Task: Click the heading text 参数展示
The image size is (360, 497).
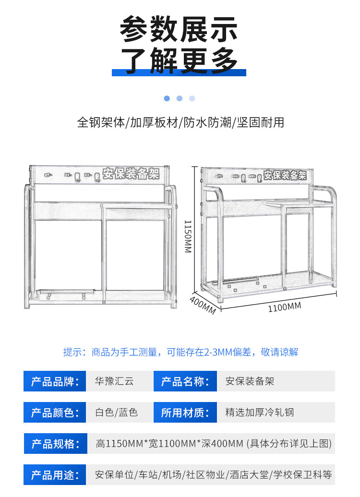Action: tap(179, 29)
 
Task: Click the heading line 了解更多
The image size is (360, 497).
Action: tap(179, 60)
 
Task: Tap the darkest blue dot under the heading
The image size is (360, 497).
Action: tap(167, 98)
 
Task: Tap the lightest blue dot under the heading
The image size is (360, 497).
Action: tap(192, 98)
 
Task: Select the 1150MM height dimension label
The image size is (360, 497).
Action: tap(188, 236)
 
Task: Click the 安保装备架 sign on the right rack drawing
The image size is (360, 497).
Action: tap(285, 175)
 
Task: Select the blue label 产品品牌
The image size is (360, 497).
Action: tap(55, 381)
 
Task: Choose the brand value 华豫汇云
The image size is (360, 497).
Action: tap(115, 381)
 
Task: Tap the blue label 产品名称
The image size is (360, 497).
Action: tap(185, 381)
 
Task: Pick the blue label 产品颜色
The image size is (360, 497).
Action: tap(55, 412)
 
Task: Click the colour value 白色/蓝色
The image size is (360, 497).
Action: tap(117, 412)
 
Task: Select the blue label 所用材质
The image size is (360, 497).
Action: tap(185, 412)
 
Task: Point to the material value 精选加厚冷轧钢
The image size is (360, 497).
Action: tap(260, 412)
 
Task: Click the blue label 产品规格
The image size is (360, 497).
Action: tap(55, 443)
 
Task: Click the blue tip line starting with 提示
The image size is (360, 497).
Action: tap(180, 352)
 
